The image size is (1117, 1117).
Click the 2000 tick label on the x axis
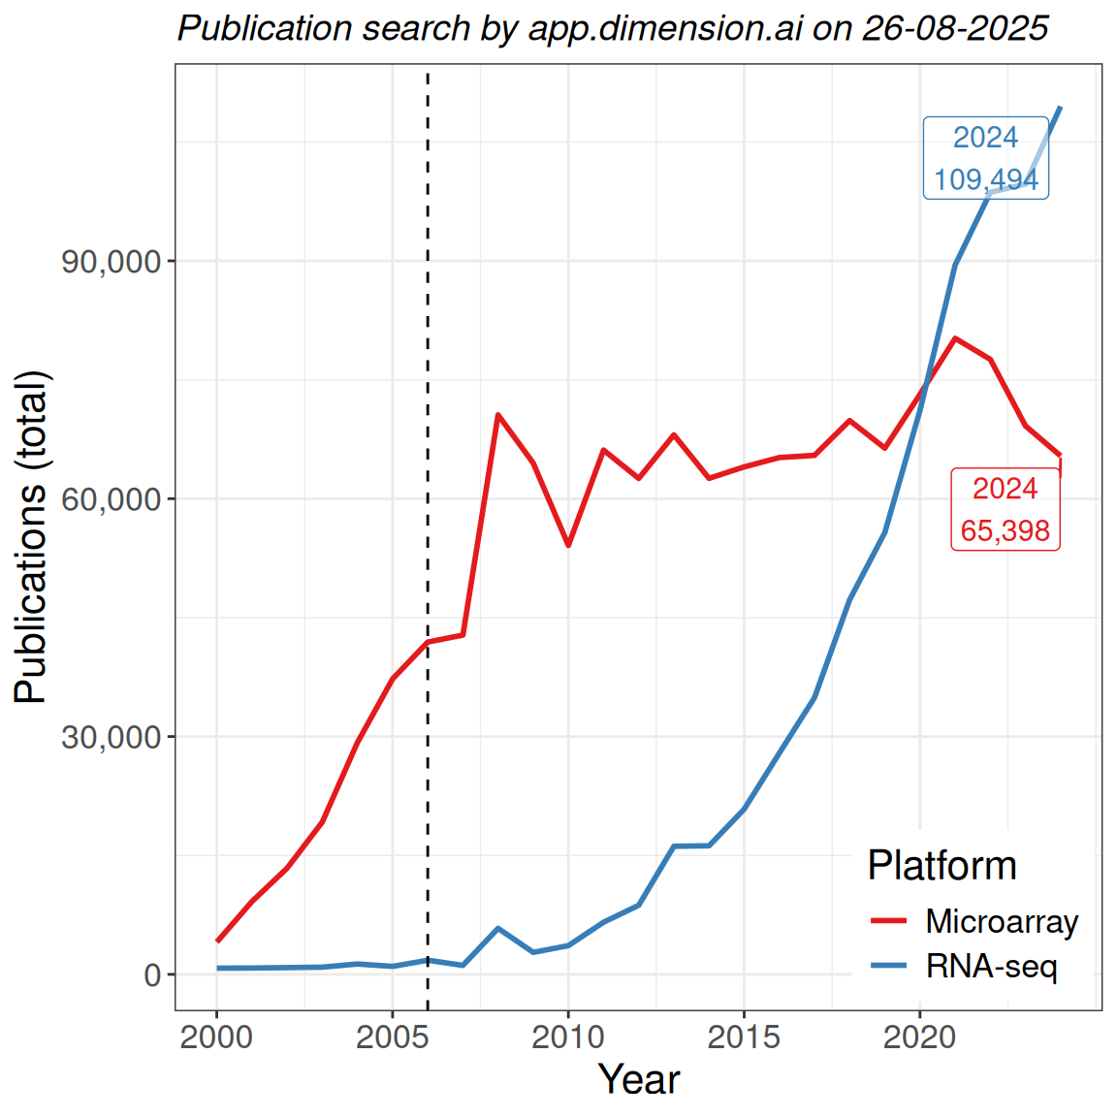216,1037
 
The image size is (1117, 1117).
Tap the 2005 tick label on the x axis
392,1037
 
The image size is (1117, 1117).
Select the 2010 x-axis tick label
568,1037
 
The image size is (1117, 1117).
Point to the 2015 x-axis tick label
744,1037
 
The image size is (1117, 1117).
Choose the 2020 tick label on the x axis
919,1037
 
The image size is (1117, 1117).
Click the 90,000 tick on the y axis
111,262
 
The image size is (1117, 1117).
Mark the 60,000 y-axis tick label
111,499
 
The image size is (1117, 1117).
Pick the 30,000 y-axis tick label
111,737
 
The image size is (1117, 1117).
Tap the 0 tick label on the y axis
152,974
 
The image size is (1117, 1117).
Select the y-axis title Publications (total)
31,537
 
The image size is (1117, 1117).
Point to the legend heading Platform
941,865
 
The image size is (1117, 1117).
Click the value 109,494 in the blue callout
986,179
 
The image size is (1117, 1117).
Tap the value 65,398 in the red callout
1005,530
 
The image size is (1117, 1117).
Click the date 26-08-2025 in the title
955,28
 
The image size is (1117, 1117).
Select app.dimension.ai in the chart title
665,28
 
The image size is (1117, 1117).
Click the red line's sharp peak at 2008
497,415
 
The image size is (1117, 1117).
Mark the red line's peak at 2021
955,338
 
